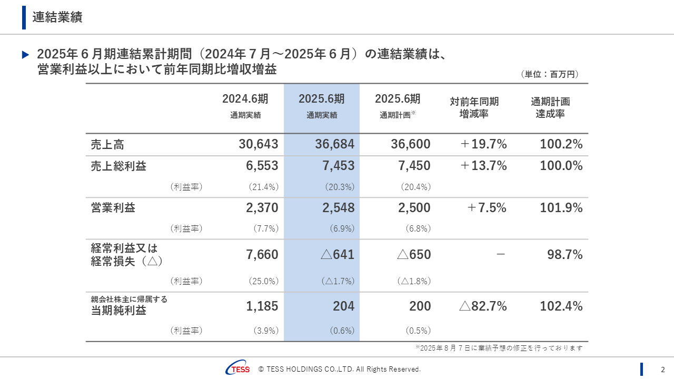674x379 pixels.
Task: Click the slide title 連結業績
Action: click(x=57, y=17)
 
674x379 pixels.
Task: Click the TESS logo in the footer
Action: click(x=238, y=369)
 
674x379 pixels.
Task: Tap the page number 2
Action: click(x=663, y=369)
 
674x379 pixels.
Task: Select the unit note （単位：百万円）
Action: click(x=549, y=75)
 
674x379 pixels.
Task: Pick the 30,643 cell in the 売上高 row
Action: click(x=258, y=144)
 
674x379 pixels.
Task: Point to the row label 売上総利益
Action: click(x=118, y=166)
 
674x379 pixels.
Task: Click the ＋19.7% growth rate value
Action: click(x=483, y=144)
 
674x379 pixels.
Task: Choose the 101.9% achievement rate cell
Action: click(x=561, y=208)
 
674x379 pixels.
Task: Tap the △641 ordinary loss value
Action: click(x=337, y=255)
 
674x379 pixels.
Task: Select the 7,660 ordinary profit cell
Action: click(x=262, y=255)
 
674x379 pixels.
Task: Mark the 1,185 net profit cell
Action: click(x=262, y=306)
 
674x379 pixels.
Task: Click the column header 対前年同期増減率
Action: click(x=474, y=107)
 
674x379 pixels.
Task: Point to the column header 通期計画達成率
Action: click(x=550, y=107)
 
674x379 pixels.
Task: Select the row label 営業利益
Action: click(x=113, y=208)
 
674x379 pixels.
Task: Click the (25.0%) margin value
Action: click(x=263, y=281)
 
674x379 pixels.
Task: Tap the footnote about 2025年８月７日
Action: click(x=499, y=348)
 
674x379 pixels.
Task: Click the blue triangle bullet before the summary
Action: click(x=25, y=55)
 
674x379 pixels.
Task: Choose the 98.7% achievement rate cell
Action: click(x=564, y=255)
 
